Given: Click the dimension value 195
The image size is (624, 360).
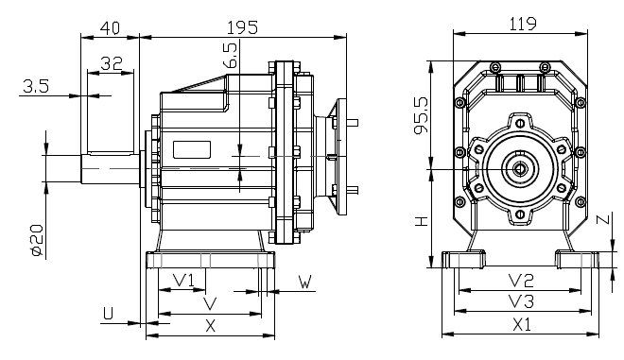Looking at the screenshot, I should pos(243,27).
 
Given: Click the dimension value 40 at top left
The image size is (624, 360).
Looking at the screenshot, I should pos(110,27).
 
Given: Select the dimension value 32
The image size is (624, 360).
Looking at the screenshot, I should pos(111,64).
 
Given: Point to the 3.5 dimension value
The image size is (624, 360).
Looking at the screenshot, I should pos(36,87).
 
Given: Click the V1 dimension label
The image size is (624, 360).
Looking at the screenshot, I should pos(184,280).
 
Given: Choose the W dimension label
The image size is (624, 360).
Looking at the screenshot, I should pos(305,282).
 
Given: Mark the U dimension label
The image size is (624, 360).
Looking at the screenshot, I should pos(109,312).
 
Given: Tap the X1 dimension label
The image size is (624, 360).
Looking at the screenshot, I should pos(522,324).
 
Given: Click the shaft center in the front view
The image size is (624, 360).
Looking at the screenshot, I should pos(520,169).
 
